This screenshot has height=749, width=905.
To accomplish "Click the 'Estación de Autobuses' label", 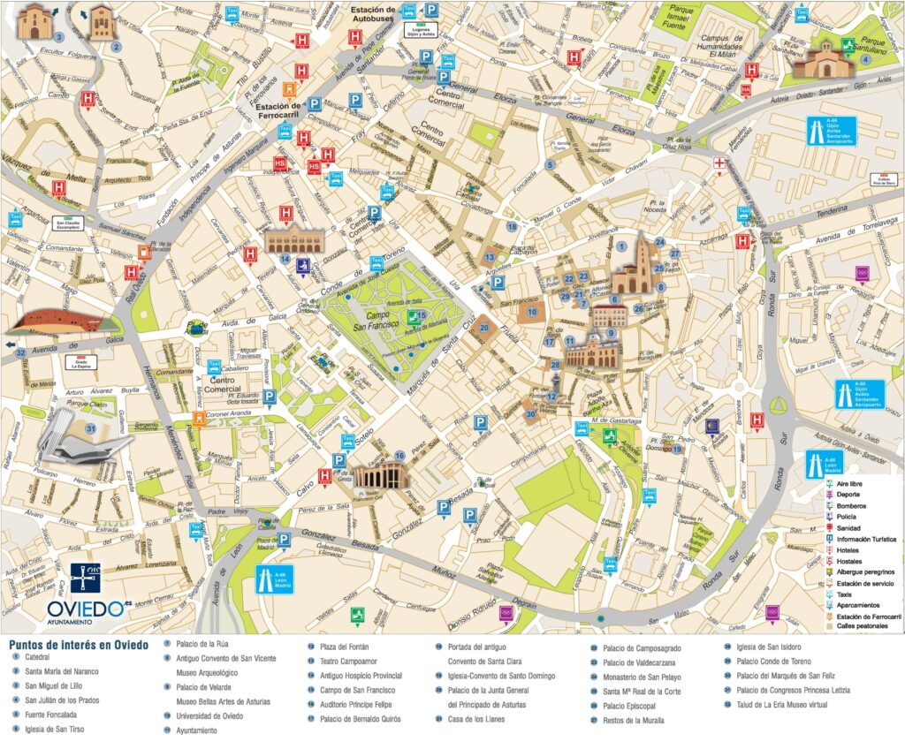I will coord(373,14).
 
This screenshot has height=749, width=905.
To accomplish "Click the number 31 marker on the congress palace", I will coord(90,429).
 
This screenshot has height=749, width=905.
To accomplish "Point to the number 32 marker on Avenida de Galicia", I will coord(19,353).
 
